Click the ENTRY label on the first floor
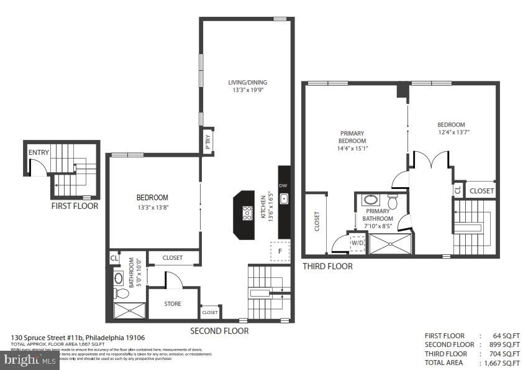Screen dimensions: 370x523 (x=39, y=152)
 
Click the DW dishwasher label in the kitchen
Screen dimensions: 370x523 (x=283, y=185)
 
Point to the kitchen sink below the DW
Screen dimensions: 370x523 (x=284, y=199)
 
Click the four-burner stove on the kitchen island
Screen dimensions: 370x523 (x=247, y=213)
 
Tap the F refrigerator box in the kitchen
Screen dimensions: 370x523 (x=280, y=251)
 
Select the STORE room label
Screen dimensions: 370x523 (x=173, y=303)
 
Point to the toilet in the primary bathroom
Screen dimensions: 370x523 (x=393, y=201)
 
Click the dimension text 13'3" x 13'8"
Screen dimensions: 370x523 (x=152, y=207)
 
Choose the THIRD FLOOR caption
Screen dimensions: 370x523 (x=327, y=266)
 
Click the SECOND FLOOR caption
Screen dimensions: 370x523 (x=219, y=331)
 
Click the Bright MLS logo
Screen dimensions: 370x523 (x=29, y=360)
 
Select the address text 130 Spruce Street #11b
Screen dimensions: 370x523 (x=47, y=338)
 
